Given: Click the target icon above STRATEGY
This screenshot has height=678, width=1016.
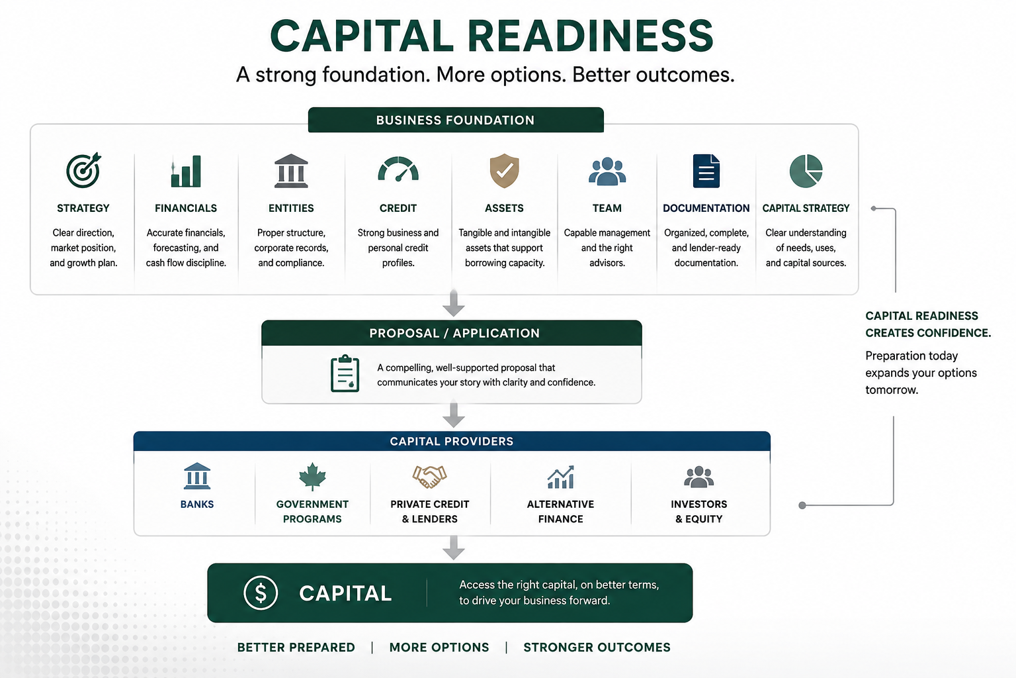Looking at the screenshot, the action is pyautogui.click(x=83, y=170).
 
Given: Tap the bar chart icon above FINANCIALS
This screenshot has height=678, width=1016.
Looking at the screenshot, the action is pyautogui.click(x=185, y=171).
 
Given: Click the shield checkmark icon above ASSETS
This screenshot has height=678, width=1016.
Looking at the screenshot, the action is pyautogui.click(x=505, y=170).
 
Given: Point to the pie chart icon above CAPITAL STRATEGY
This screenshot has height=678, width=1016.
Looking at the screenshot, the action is pyautogui.click(x=806, y=171).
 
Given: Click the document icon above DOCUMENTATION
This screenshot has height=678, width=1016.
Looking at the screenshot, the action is pyautogui.click(x=706, y=171).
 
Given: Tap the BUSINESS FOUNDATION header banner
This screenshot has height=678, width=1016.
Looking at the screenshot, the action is pyautogui.click(x=456, y=120).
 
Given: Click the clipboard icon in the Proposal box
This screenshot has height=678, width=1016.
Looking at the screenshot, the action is pyautogui.click(x=345, y=373).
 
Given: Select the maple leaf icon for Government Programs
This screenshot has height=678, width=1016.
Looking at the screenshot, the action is pyautogui.click(x=312, y=477).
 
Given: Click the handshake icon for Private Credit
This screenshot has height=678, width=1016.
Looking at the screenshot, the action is pyautogui.click(x=429, y=476).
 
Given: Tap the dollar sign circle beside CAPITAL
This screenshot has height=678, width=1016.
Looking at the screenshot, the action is pyautogui.click(x=261, y=593).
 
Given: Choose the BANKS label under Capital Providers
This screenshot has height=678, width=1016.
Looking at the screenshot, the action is pyautogui.click(x=197, y=504).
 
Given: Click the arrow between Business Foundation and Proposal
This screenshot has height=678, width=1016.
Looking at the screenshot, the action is pyautogui.click(x=454, y=303).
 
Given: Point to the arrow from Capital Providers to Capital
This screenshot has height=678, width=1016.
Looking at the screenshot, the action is pyautogui.click(x=454, y=548).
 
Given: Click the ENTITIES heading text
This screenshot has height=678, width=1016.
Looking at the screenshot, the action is pyautogui.click(x=291, y=208).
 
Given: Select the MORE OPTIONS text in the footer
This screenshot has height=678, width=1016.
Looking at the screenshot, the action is pyautogui.click(x=439, y=647).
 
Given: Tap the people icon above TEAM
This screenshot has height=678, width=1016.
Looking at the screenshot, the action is pyautogui.click(x=607, y=171).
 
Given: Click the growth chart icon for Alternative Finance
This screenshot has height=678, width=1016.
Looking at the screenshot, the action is pyautogui.click(x=561, y=477).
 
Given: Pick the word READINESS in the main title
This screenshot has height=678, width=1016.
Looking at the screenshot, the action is pyautogui.click(x=591, y=35).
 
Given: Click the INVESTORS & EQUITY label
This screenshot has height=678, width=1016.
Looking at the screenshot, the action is pyautogui.click(x=699, y=511).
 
